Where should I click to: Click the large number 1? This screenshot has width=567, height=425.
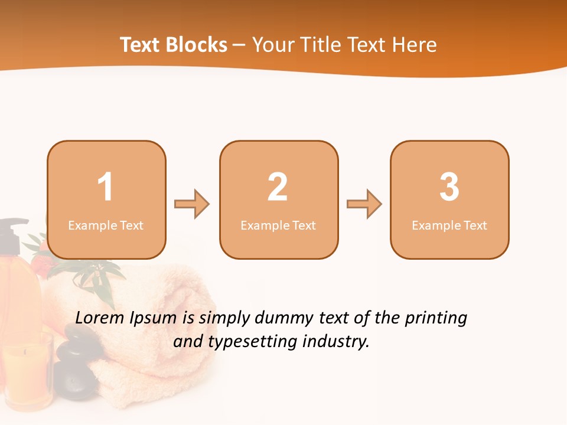tap(105, 187)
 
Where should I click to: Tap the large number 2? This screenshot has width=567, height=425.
tap(278, 187)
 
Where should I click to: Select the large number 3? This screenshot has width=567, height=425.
tap(449, 187)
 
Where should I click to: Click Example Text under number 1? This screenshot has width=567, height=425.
tap(106, 225)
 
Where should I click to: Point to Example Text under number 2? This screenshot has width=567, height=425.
tap(278, 225)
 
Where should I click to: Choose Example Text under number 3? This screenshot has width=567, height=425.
tap(449, 225)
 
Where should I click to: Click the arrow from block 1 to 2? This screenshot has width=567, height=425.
tap(192, 204)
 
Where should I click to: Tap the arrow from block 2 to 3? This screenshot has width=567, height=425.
tap(364, 204)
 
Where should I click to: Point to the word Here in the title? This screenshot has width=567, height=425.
tap(414, 45)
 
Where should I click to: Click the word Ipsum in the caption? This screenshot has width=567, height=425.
tap(153, 318)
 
